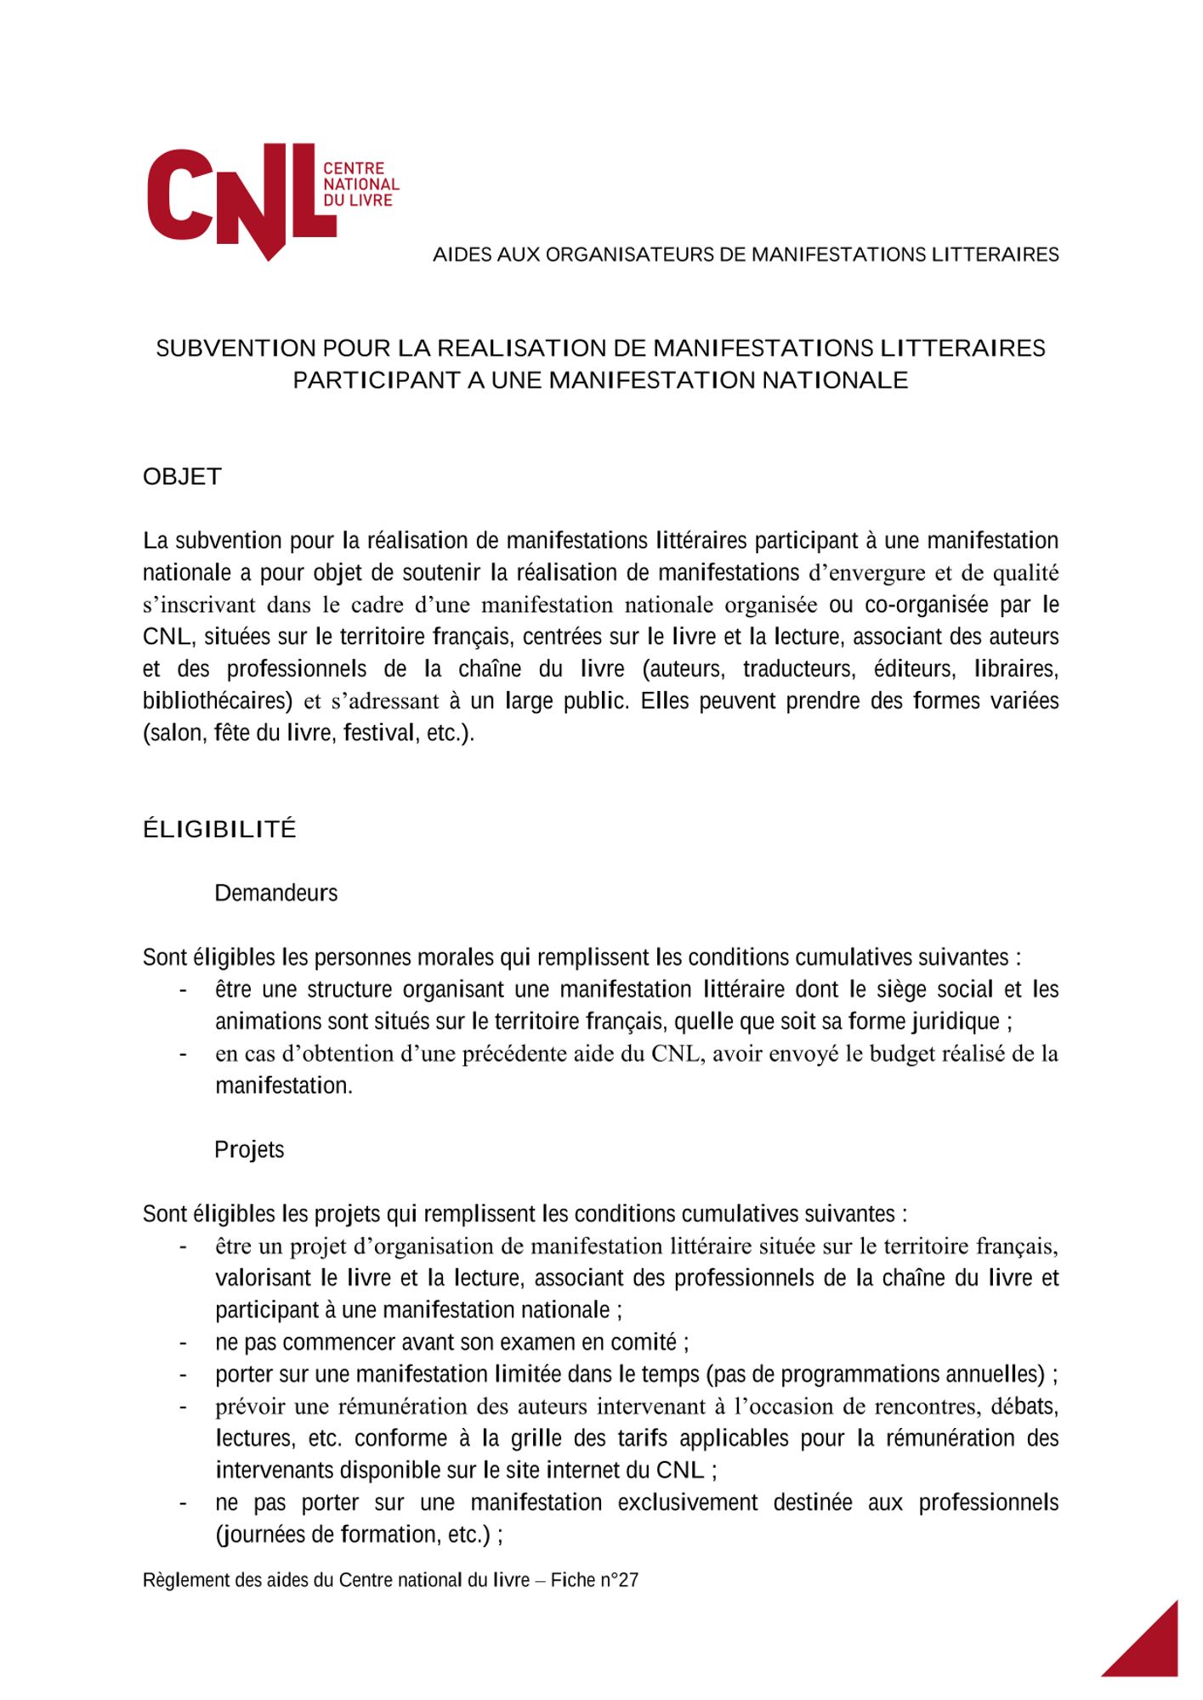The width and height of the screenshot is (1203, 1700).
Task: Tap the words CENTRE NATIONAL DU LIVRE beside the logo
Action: pos(360,184)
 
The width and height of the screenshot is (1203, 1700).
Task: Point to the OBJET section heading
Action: pos(182,477)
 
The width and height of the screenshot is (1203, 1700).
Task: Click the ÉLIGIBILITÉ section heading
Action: pos(219,830)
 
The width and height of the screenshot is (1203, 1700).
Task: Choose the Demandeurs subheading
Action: pos(275,893)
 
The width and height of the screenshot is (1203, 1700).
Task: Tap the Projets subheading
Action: pos(249,1150)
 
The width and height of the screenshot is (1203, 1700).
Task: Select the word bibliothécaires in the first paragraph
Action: pos(217,701)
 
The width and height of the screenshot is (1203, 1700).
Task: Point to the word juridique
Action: pos(954,1022)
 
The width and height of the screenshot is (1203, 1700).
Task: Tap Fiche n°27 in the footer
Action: pos(594,1580)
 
